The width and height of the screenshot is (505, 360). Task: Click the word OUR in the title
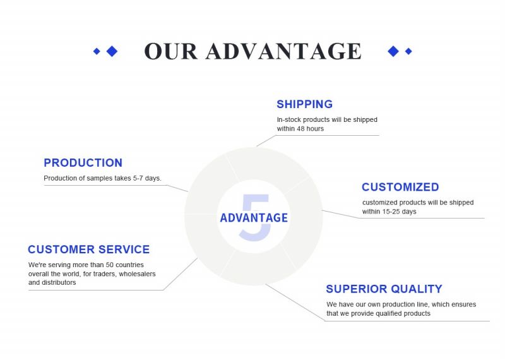tap(170, 51)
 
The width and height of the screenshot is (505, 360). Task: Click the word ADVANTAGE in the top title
tap(283, 51)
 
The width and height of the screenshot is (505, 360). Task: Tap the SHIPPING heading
tap(304, 104)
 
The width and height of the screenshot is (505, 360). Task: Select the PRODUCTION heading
tap(83, 163)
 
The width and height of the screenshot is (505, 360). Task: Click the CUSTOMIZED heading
tap(400, 187)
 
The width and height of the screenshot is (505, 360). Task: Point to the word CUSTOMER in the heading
tap(61, 249)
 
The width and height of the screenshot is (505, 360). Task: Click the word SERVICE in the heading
tap(124, 249)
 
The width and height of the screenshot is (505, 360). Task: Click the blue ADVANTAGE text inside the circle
tap(254, 218)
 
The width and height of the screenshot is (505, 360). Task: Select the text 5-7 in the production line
tap(138, 178)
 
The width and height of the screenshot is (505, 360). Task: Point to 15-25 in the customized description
tap(391, 212)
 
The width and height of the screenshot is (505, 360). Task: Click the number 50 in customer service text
tap(109, 265)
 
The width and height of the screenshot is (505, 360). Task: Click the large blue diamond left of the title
tap(112, 51)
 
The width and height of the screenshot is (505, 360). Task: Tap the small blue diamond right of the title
tap(408, 51)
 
